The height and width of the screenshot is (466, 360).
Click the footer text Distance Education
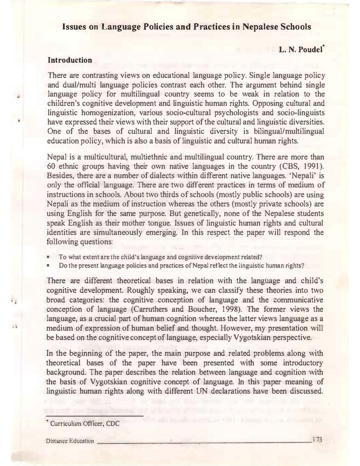coord(70,441)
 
